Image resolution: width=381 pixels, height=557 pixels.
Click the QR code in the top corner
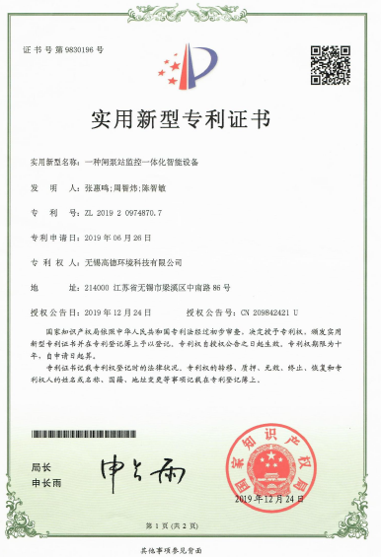point(330,64)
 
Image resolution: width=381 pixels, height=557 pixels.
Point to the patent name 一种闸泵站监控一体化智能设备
point(149,160)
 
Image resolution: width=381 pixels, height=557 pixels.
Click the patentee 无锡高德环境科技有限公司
point(133,263)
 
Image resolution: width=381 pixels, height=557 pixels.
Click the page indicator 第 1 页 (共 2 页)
point(190,526)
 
